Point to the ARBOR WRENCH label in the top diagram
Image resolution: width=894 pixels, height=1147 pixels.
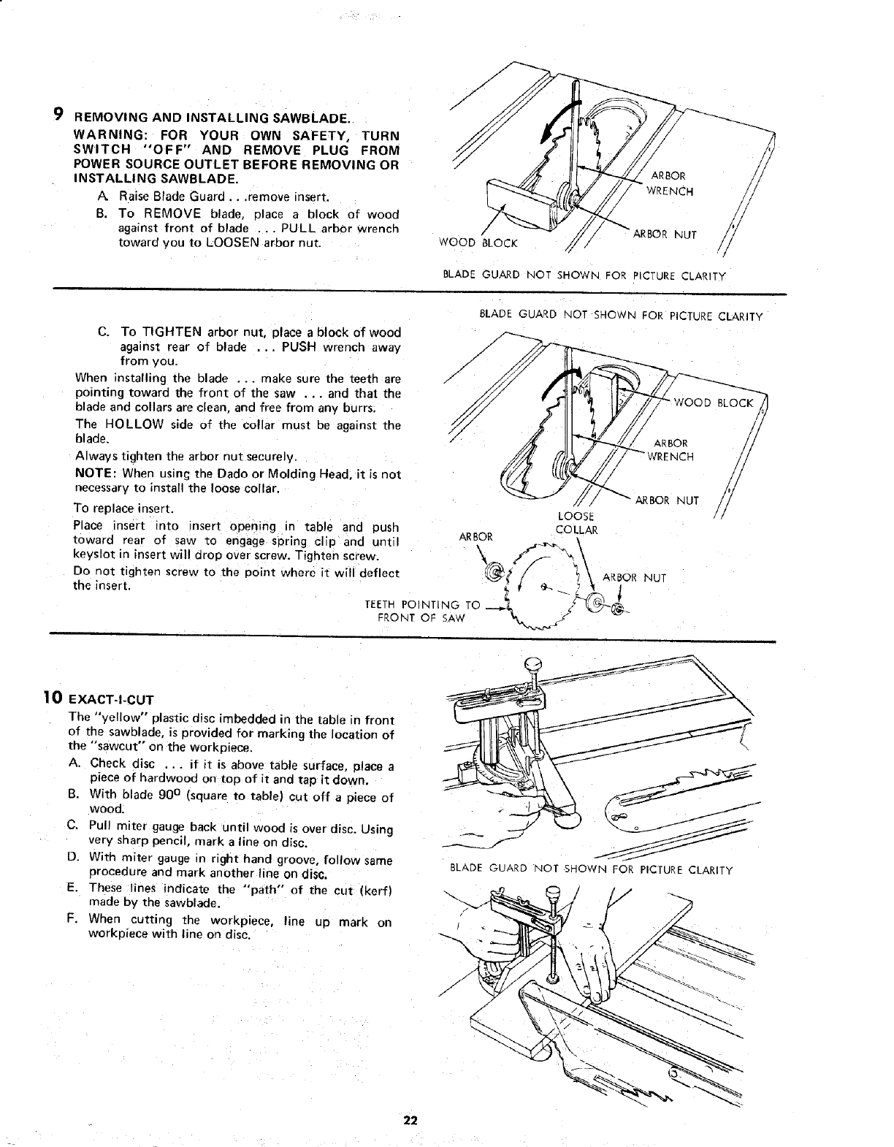click(670, 183)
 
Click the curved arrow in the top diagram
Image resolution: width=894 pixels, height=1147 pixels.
click(554, 124)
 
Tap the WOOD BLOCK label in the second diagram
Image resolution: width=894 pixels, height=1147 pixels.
click(713, 403)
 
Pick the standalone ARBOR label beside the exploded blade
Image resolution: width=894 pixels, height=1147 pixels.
click(475, 537)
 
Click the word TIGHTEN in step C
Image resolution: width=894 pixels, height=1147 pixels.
click(167, 334)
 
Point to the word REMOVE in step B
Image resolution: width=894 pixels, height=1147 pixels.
click(172, 214)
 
